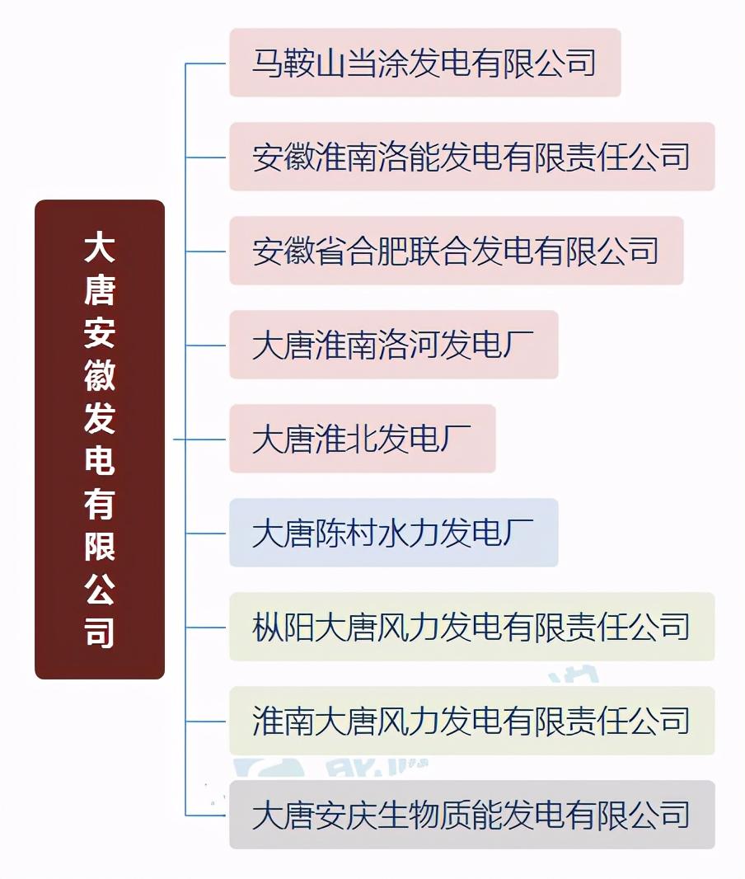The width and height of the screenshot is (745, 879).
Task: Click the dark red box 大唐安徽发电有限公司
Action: pos(100,439)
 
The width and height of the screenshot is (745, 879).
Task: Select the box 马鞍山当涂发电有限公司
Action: pos(425,63)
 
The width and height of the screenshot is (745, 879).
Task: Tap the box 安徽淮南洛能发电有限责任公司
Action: pos(472,157)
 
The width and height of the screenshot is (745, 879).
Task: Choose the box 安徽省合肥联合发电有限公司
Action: pos(457,251)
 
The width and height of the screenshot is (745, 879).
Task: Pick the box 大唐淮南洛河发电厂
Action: pos(394,345)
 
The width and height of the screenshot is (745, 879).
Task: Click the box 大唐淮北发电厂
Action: pos(363,439)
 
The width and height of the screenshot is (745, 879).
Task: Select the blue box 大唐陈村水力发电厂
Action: pos(394,533)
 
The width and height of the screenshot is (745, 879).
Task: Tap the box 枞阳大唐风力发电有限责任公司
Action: pos(472,627)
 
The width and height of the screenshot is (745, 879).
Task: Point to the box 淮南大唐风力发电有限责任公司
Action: pos(472,721)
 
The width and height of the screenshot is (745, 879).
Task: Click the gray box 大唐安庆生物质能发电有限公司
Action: pos(472,815)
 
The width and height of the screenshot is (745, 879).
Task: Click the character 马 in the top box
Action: pos(267,63)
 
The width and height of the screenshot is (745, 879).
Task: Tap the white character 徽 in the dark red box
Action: pos(100,375)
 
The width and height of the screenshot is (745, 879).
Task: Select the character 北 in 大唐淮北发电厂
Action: pos(361,439)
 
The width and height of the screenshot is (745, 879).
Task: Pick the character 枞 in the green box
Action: pos(267,627)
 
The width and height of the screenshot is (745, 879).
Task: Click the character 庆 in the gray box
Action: pos(361,815)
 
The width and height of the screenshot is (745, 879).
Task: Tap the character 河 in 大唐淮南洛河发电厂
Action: pos(424,345)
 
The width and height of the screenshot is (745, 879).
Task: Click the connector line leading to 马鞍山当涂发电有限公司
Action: pos(205,63)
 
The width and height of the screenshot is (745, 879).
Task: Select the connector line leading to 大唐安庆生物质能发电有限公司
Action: pos(205,815)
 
